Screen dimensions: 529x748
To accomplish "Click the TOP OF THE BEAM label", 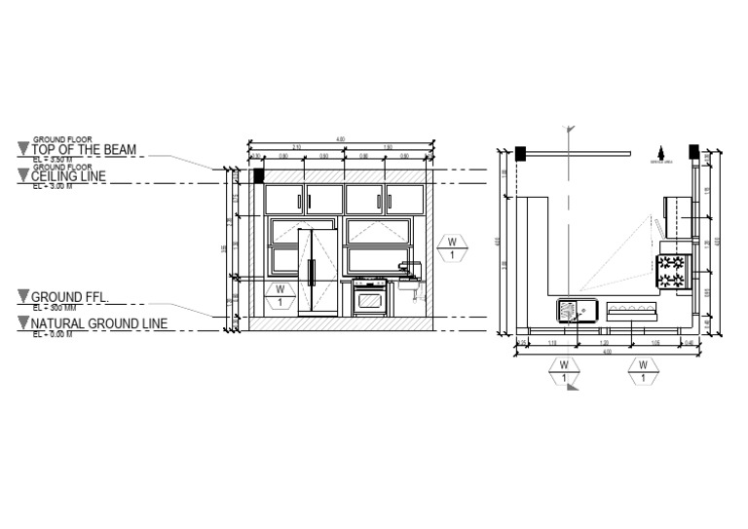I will [84, 149].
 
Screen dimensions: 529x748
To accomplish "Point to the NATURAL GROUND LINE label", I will [98, 323].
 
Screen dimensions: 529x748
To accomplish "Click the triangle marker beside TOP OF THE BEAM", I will [23, 149].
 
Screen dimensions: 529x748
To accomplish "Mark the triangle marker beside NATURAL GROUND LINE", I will [23, 323].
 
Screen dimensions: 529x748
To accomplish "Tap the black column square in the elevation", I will [259, 175].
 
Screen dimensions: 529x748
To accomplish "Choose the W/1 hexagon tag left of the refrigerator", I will [280, 295].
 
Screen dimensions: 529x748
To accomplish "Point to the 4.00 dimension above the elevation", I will [339, 139].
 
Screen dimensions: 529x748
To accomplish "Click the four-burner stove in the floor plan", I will [672, 271].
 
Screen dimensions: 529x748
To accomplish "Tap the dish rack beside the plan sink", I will [632, 312].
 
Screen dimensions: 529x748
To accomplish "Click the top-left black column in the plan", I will [521, 152].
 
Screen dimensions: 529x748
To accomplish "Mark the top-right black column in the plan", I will [693, 152].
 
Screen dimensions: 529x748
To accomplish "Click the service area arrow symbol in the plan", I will [660, 152].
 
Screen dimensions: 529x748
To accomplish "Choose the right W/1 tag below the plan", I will [643, 370].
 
